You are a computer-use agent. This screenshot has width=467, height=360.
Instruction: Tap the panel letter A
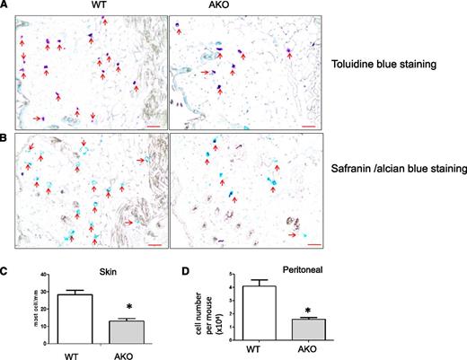pyautogui.click(x=7, y=5)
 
